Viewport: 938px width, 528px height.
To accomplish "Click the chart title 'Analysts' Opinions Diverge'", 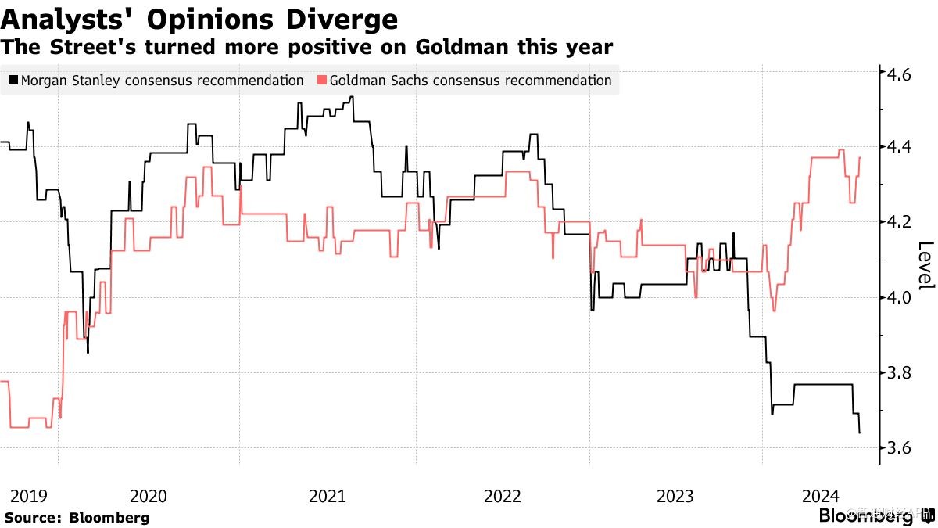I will coord(199,19).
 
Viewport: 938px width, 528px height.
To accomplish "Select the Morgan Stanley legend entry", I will coord(162,81).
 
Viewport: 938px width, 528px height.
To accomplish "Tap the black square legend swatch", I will coord(13,81).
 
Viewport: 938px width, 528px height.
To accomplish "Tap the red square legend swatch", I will coord(321,81).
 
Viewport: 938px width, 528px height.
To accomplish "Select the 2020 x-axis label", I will coord(149,496).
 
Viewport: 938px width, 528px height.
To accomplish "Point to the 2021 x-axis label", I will coord(327,496).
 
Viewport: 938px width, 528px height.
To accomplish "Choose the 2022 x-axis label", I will coord(502,496).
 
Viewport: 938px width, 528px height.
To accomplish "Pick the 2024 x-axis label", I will coord(821,496).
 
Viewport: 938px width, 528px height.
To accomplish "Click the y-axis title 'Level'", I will coord(925,265).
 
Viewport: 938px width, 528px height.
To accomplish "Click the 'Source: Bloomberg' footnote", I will coord(76,517).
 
